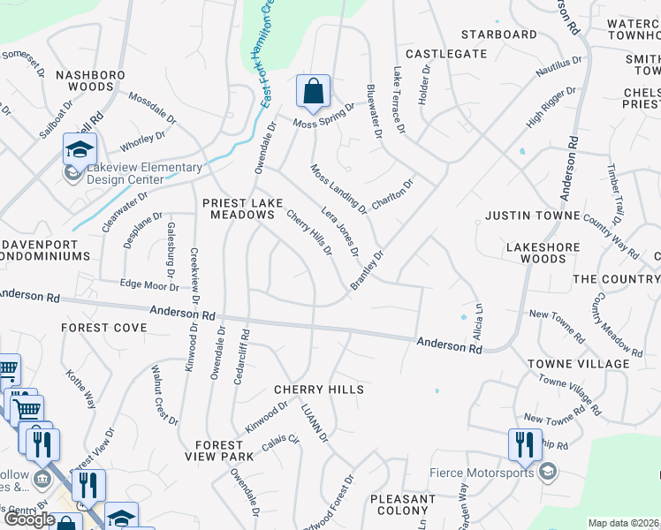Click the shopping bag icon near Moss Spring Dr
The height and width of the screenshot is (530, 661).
pyautogui.click(x=313, y=91)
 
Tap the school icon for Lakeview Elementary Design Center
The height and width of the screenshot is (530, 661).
pyautogui.click(x=79, y=149)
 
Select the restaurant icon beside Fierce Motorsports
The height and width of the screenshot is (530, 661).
pyautogui.click(x=525, y=445)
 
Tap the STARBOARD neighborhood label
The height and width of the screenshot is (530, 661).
pyautogui.click(x=499, y=34)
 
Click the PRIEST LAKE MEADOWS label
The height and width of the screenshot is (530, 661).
pyautogui.click(x=242, y=208)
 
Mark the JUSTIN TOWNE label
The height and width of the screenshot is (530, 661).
pyautogui.click(x=533, y=216)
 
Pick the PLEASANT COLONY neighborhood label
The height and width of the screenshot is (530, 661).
pyautogui.click(x=402, y=505)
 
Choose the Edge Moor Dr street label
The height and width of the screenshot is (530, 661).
pyautogui.click(x=149, y=285)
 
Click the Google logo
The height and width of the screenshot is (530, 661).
pyautogui.click(x=29, y=519)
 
